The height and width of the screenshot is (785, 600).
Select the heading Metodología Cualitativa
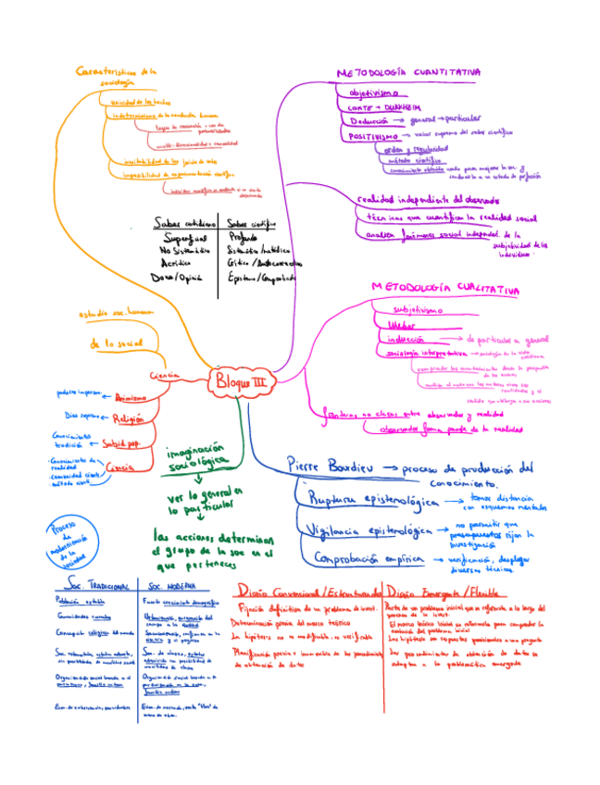pos(444,289)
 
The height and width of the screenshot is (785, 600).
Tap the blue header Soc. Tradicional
pos(96,587)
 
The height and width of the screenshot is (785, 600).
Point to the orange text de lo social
pos(117,343)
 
